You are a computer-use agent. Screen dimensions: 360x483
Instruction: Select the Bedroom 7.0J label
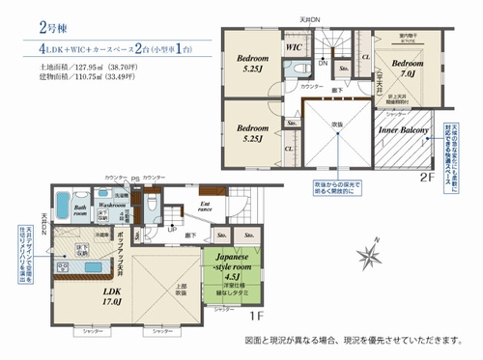(x=405, y=69)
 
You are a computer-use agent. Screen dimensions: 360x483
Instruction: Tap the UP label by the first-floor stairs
(x=171, y=229)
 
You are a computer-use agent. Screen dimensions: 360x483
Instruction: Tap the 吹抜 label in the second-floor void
(x=337, y=125)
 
